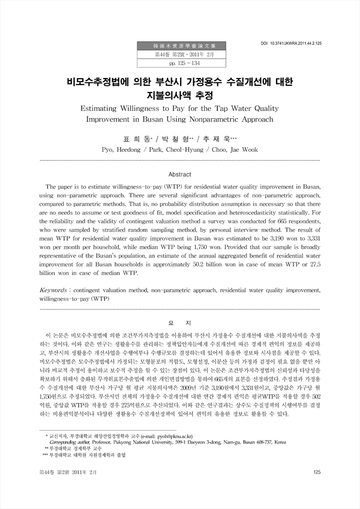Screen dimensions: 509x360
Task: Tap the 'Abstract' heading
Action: [x=180, y=173]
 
